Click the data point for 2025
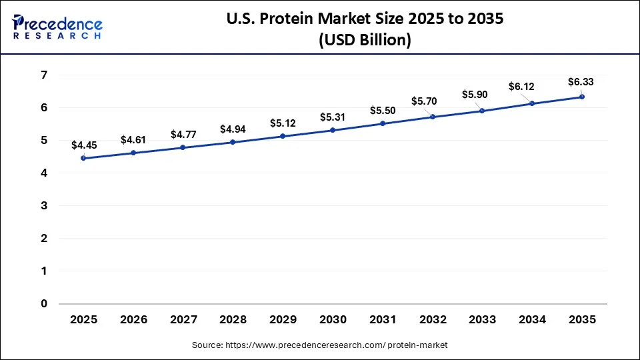tap(83, 158)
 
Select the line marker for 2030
tap(333, 130)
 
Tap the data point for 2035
tap(582, 97)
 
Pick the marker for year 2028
tap(233, 142)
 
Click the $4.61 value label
tap(133, 139)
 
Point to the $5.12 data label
tap(283, 123)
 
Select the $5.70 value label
tap(423, 101)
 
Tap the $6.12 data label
tap(521, 87)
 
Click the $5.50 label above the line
tap(383, 110)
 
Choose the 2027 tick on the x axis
tap(183, 320)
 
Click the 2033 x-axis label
tap(483, 320)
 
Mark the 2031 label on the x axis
tap(383, 320)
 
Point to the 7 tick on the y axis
tap(43, 75)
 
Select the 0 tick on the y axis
tap(43, 304)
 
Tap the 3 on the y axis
tap(43, 205)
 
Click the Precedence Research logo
tap(57, 27)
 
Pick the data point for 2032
tap(433, 117)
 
